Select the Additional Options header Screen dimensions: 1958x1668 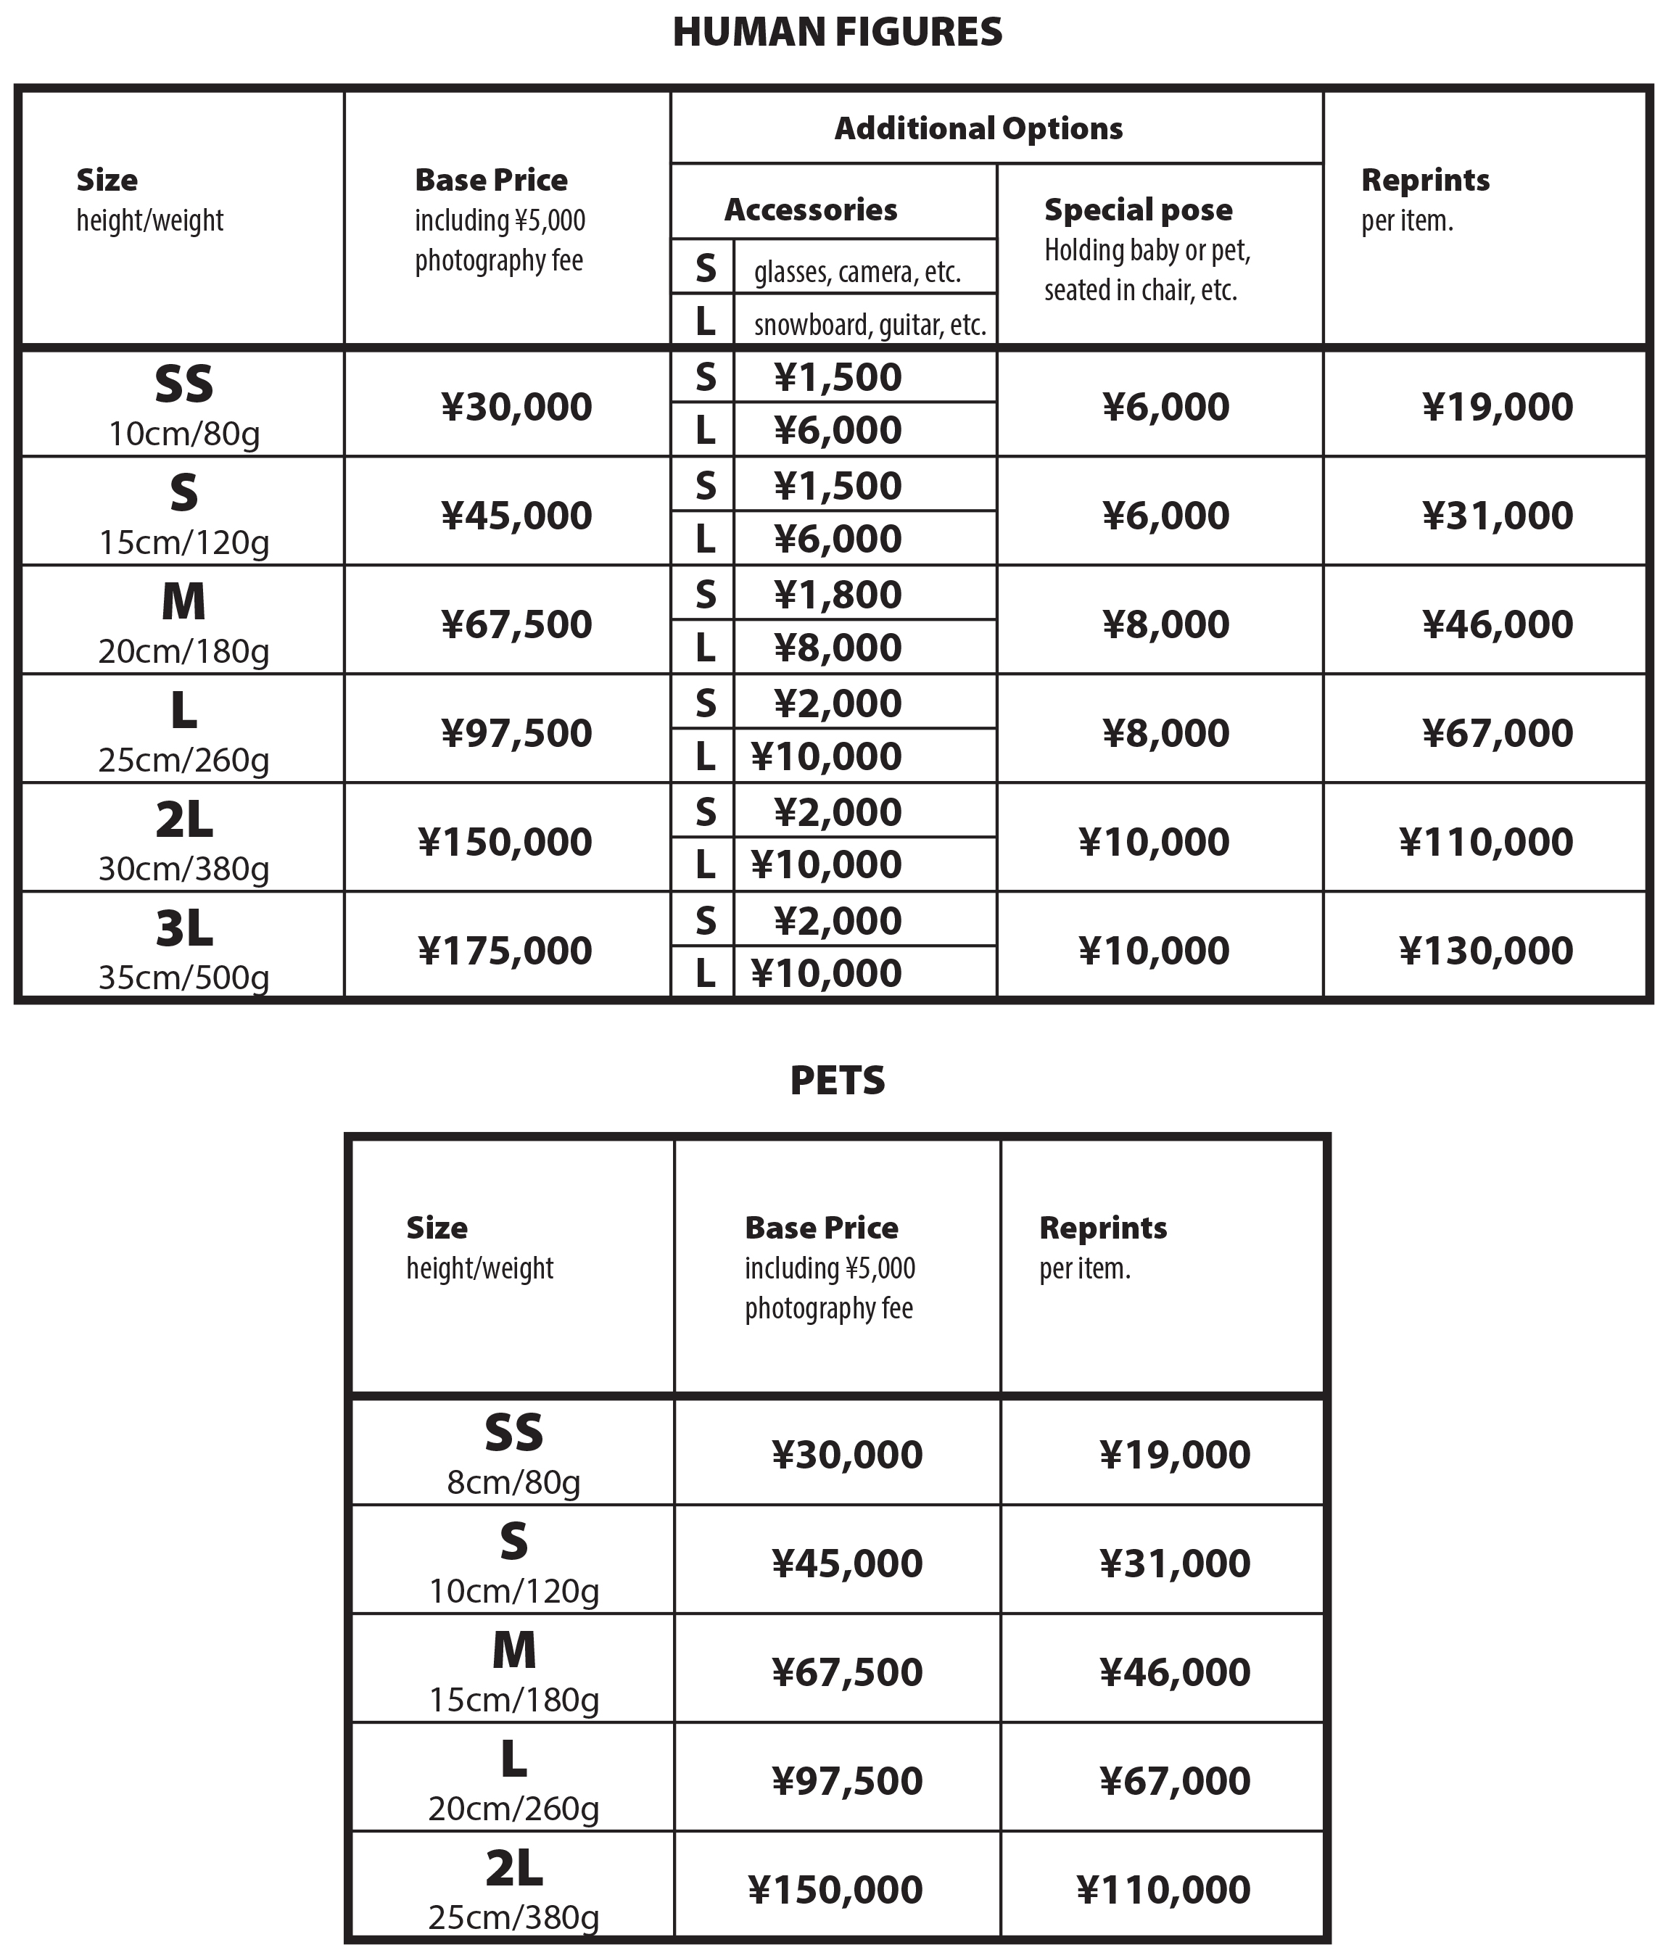(x=978, y=128)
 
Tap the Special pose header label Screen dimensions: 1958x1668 (x=1138, y=210)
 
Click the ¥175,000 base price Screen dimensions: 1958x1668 (x=505, y=951)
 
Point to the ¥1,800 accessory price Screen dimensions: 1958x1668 (x=838, y=595)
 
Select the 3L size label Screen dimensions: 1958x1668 (x=183, y=930)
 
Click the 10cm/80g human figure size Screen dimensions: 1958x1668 (x=183, y=434)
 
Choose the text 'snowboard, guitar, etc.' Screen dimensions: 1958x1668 (x=870, y=325)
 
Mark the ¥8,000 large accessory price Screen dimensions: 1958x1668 (x=838, y=648)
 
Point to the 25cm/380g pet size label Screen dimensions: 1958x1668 (x=513, y=1917)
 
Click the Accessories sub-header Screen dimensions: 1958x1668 (x=810, y=210)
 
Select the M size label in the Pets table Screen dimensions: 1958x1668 (x=513, y=1651)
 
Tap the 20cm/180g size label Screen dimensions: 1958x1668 (x=183, y=652)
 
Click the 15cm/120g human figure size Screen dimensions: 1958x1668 (x=183, y=543)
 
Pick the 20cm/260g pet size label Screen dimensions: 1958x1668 (x=513, y=1809)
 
